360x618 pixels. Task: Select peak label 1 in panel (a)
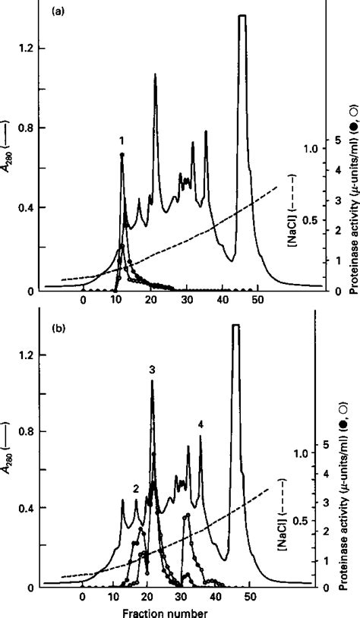(x=121, y=140)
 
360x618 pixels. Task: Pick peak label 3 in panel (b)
(x=152, y=369)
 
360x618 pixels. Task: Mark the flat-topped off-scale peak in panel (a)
(x=243, y=15)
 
